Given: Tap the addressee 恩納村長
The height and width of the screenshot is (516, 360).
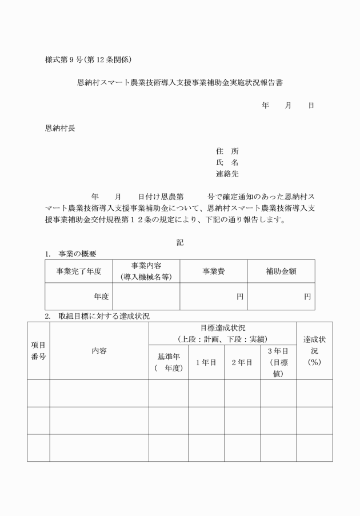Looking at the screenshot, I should [x=60, y=129].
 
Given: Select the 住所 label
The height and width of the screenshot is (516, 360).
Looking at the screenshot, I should [x=227, y=151].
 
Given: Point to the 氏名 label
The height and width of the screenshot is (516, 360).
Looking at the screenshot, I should [x=227, y=163].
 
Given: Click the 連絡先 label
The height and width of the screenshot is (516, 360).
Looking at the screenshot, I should [x=227, y=174].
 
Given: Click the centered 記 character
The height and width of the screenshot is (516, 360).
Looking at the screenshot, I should [x=180, y=242].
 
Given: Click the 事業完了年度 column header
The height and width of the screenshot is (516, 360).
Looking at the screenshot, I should [x=79, y=271].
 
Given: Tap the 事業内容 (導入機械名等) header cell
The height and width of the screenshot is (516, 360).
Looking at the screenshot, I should [x=146, y=271].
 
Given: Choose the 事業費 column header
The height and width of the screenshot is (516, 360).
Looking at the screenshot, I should [x=213, y=271].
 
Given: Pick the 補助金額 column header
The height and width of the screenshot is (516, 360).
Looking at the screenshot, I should [x=281, y=271].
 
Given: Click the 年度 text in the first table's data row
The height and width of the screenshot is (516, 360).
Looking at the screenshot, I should [x=102, y=297].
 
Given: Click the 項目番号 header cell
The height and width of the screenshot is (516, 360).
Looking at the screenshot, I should [x=38, y=351].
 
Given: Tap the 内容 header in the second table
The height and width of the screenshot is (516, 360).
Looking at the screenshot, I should [x=99, y=351].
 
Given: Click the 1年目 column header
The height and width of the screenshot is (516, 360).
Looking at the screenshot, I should [x=206, y=362].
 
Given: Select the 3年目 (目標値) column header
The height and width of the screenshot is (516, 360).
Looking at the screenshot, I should [x=278, y=362].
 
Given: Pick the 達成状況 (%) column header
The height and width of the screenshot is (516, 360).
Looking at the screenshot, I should [x=314, y=351].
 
